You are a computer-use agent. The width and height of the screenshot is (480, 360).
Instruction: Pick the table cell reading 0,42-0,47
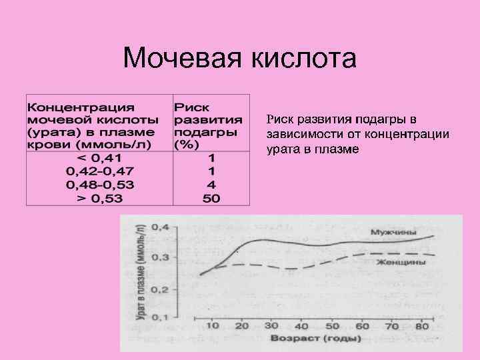click(99, 172)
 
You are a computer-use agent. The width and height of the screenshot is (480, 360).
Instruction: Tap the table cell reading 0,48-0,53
click(99, 185)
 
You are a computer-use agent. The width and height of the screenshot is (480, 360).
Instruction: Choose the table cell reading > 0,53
click(99, 198)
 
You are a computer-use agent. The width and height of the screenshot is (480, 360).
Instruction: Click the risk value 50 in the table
click(211, 198)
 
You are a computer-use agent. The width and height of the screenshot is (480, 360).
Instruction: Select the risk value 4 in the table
click(211, 185)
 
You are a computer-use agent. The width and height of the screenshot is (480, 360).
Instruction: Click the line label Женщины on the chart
click(400, 263)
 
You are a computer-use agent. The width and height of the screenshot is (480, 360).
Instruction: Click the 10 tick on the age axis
click(213, 326)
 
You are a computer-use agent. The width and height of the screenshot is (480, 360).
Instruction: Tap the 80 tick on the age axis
click(421, 326)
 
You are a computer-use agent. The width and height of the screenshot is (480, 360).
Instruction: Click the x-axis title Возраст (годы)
click(315, 339)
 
